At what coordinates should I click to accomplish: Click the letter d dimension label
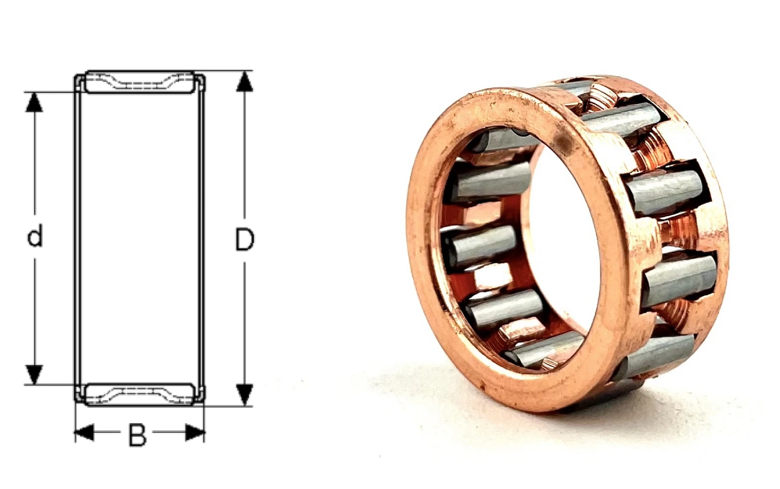[35, 236]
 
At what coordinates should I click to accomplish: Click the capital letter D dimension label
[244, 239]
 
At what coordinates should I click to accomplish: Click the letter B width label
[137, 435]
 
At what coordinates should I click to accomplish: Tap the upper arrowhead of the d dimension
[34, 102]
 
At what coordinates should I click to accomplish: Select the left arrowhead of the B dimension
[85, 432]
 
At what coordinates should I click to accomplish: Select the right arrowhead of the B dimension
[195, 432]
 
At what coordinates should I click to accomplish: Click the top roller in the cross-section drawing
[139, 82]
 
